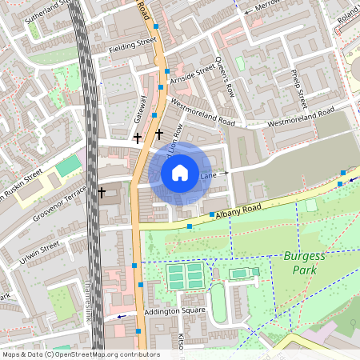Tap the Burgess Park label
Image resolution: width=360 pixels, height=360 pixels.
coord(301,263)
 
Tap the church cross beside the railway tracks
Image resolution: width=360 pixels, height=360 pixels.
coord(102,193)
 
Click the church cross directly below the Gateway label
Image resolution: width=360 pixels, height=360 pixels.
coord(137,138)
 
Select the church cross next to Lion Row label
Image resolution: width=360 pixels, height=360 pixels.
coord(159,133)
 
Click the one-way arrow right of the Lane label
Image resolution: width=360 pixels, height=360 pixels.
coord(225,173)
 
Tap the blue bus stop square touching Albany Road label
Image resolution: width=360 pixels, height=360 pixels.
coord(212,214)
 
